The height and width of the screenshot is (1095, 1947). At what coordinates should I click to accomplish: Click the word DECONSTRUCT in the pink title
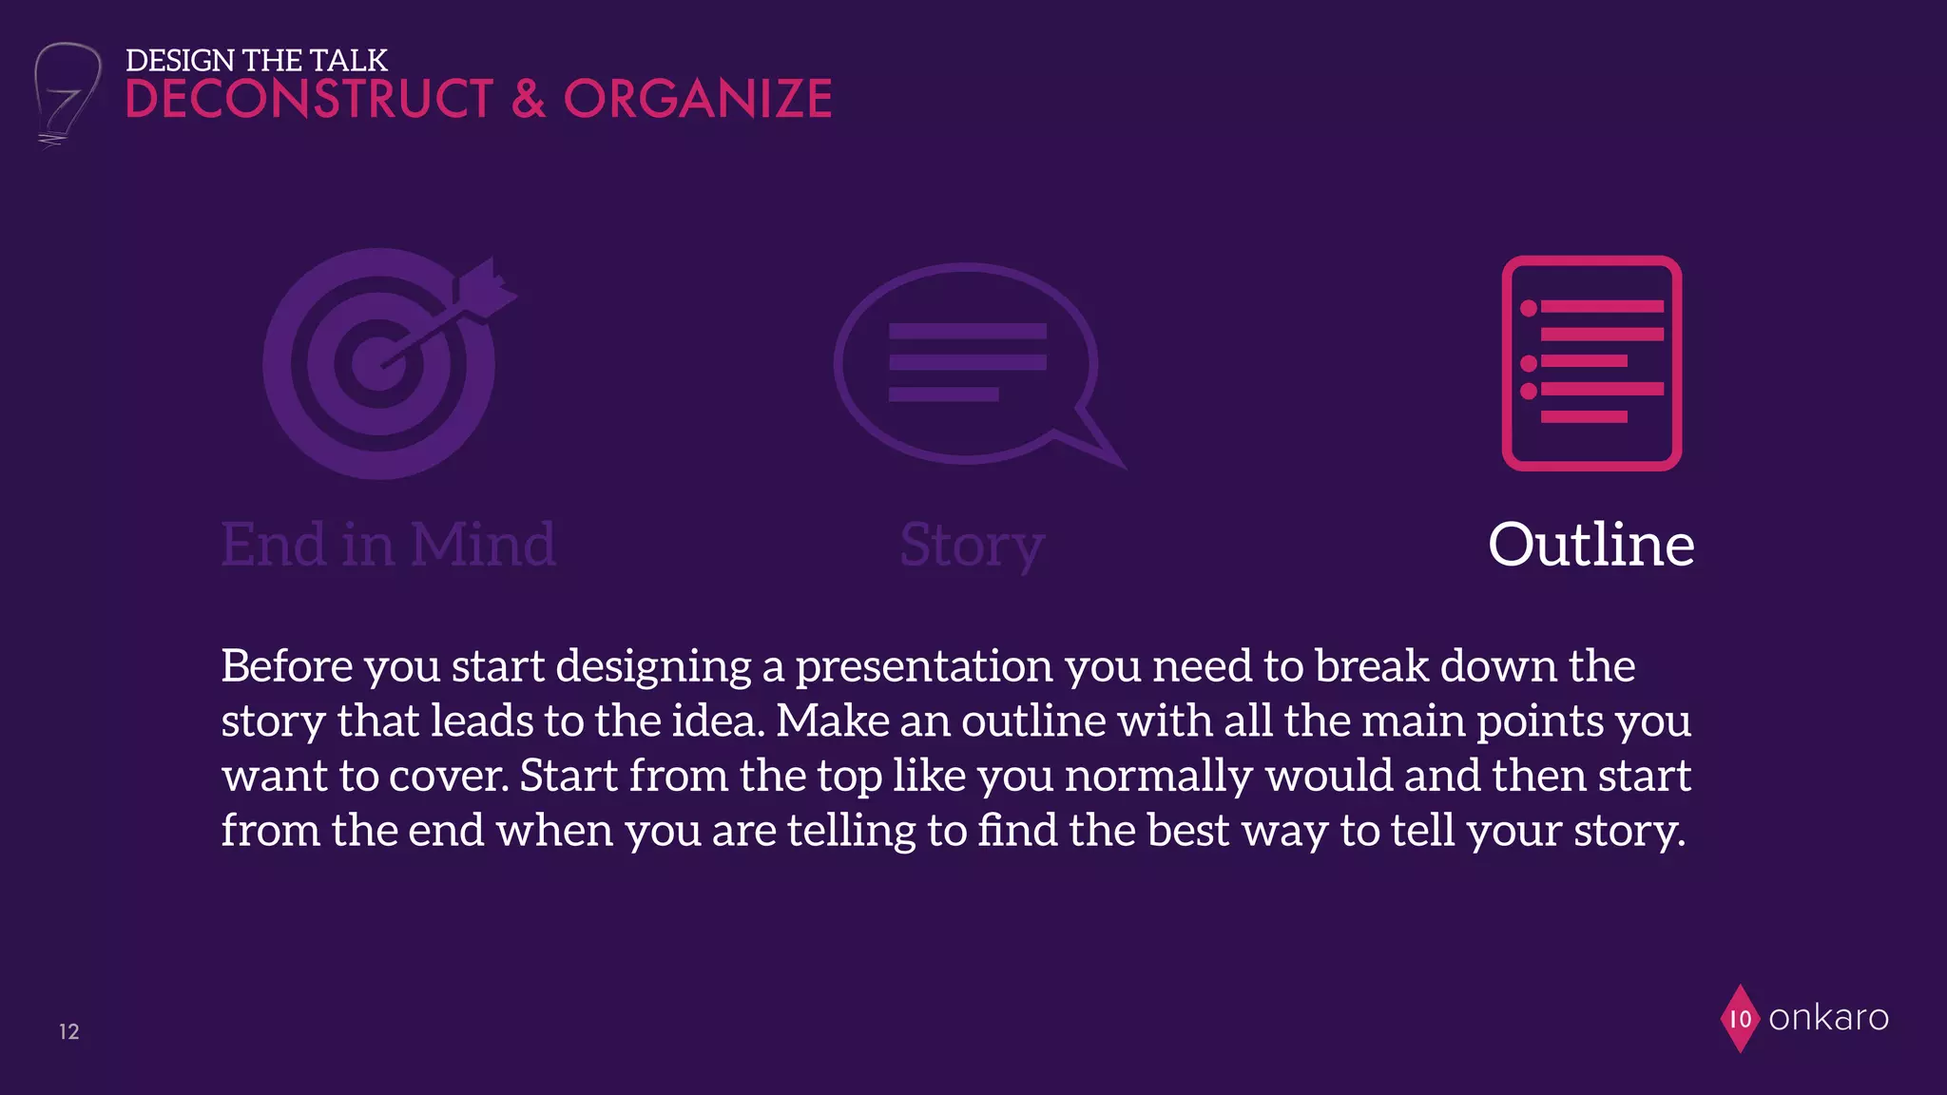[309, 100]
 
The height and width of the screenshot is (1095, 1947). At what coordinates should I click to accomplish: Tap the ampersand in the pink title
[529, 100]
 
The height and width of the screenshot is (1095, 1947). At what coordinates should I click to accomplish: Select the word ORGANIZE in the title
[697, 100]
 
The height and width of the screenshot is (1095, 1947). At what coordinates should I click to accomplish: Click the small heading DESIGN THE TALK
[256, 60]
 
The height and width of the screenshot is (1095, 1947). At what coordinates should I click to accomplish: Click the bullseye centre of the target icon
[378, 364]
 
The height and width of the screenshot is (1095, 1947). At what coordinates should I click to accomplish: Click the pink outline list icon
[1591, 363]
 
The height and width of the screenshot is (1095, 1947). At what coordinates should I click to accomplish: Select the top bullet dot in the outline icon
[1529, 308]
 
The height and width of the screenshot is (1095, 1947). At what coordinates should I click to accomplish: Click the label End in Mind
[388, 545]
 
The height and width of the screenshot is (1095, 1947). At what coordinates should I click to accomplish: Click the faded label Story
[972, 546]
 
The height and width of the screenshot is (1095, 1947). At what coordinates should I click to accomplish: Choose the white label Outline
[1590, 545]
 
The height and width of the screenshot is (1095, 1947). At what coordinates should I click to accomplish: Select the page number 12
[69, 1031]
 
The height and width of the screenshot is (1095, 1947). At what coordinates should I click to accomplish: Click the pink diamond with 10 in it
[1740, 1019]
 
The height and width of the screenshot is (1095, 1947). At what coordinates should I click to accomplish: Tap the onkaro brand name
[1827, 1018]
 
